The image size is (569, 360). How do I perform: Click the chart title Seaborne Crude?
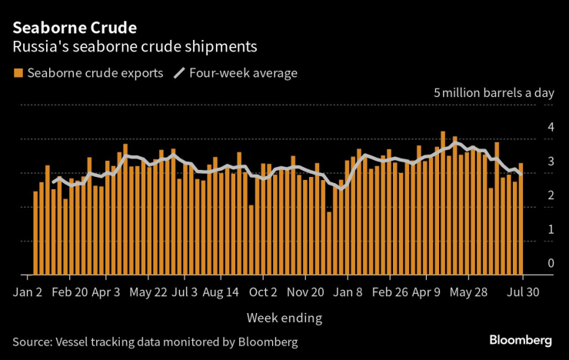pos(75,28)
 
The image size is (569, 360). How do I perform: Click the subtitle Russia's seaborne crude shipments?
pos(135,48)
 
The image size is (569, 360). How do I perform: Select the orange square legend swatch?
pos(18,74)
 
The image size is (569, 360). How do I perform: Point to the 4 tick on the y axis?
pos(550,128)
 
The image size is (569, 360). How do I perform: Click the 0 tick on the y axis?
pos(550,264)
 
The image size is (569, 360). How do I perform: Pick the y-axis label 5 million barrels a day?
pos(494,93)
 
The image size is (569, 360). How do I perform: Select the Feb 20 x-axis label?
pos(71,292)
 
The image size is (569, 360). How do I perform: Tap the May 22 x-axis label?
pos(148,292)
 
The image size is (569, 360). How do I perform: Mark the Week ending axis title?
pos(284,317)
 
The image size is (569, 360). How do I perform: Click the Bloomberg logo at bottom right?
pos(521,340)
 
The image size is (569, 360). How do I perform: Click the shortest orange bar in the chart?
pos(329,242)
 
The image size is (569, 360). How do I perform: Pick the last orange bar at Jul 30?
pos(521,218)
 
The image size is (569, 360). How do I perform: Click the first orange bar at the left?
pos(35,232)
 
